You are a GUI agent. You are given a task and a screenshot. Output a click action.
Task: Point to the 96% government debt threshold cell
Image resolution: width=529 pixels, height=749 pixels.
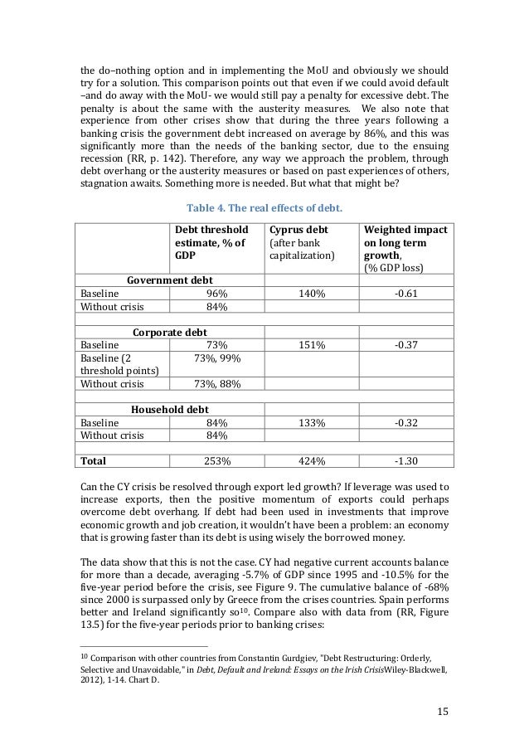216,294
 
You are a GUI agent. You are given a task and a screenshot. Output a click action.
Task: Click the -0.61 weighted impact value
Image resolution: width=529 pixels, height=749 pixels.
405,294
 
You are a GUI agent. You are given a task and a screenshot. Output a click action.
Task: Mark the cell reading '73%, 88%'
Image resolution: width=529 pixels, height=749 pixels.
216,385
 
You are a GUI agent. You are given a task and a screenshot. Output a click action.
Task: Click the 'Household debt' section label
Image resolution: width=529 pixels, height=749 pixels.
169,409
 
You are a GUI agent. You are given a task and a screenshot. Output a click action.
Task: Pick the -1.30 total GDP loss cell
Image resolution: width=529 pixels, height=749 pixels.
405,460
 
